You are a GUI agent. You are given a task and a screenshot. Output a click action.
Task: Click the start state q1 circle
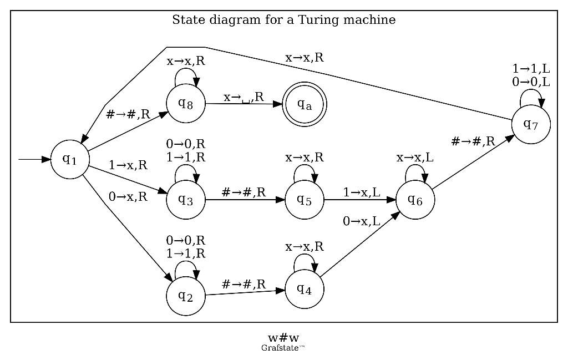coord(70,159)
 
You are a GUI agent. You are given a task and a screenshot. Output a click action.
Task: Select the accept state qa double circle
coord(304,104)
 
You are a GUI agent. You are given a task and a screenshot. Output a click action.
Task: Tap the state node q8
coord(185,103)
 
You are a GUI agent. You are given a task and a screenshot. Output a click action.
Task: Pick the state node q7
coord(531,124)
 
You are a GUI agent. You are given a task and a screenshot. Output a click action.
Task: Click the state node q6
coord(415,200)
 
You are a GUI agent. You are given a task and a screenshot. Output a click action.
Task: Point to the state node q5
coord(304,200)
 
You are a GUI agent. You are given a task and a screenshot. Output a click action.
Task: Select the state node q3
coord(185,200)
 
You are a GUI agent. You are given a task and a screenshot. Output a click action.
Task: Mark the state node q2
coord(185,295)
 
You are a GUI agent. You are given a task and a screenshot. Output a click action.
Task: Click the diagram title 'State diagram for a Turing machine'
coord(283,21)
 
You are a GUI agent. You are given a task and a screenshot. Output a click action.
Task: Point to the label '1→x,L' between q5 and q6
coord(361,192)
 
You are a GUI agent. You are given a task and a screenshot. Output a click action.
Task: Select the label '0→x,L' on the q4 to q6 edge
coord(361,221)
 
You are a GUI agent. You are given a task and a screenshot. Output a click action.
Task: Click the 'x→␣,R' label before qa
coord(244,98)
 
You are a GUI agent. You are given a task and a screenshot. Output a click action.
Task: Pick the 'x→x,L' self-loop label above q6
coord(415,158)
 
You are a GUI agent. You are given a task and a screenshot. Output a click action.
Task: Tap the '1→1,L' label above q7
coord(531,69)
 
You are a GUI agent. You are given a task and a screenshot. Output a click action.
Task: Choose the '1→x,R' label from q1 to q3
coord(128,165)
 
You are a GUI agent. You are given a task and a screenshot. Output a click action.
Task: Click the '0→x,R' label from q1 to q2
coord(128,196)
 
